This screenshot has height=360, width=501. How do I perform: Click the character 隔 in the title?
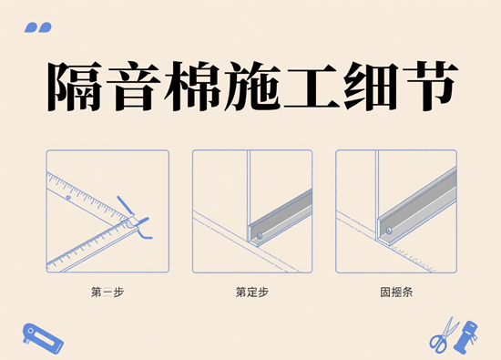pyautogui.click(x=74, y=87)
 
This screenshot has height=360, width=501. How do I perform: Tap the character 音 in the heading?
pyautogui.click(x=133, y=87)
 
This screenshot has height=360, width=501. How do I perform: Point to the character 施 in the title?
pyautogui.click(x=252, y=87)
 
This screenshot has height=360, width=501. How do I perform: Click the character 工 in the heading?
pyautogui.click(x=311, y=87)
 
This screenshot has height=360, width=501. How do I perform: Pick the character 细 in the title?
pyautogui.click(x=371, y=87)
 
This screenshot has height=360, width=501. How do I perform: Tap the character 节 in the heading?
pyautogui.click(x=431, y=87)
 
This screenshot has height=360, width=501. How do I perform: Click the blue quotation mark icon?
pyautogui.click(x=38, y=27)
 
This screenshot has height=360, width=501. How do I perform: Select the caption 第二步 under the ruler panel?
pyautogui.click(x=107, y=293)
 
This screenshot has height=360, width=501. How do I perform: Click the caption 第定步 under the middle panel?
pyautogui.click(x=252, y=293)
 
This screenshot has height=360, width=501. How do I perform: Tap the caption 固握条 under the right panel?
pyautogui.click(x=396, y=293)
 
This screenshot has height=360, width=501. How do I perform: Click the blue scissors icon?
pyautogui.click(x=444, y=335)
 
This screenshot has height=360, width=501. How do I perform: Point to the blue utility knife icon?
pyautogui.click(x=43, y=338)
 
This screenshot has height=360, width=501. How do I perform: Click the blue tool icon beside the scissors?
pyautogui.click(x=466, y=337)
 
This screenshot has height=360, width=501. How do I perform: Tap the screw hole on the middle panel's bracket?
pyautogui.click(x=260, y=236)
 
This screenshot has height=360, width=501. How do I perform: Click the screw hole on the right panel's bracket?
pyautogui.click(x=389, y=231)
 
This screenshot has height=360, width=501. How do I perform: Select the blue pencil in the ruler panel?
pyautogui.click(x=126, y=205)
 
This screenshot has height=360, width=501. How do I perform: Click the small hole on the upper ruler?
pyautogui.click(x=68, y=197)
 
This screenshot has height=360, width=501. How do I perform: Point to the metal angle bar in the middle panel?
pyautogui.click(x=280, y=218)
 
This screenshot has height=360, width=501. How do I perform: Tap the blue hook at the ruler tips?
pyautogui.click(x=144, y=229)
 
